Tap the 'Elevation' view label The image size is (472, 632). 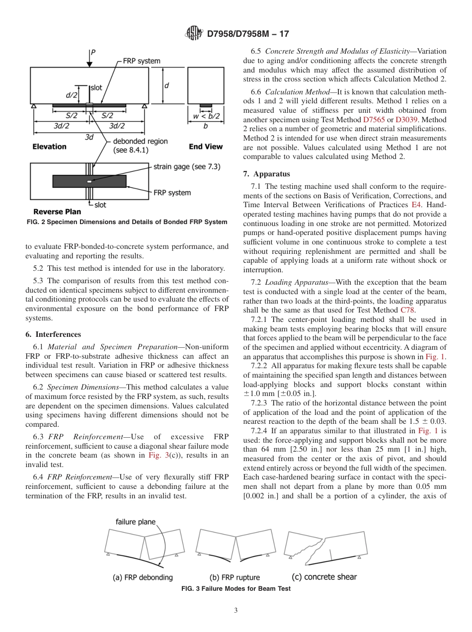click(49, 147)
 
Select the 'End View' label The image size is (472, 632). click(206, 147)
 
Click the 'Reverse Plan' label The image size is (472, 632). click(57, 212)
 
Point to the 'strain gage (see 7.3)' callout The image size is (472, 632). click(185, 166)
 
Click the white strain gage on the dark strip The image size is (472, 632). click(89, 181)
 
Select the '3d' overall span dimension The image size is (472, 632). click(89, 136)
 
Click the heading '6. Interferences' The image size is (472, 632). click(53, 334)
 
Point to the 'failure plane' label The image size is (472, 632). click(135, 522)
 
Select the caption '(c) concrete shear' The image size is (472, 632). click(323, 577)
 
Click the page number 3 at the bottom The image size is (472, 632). click(236, 611)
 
